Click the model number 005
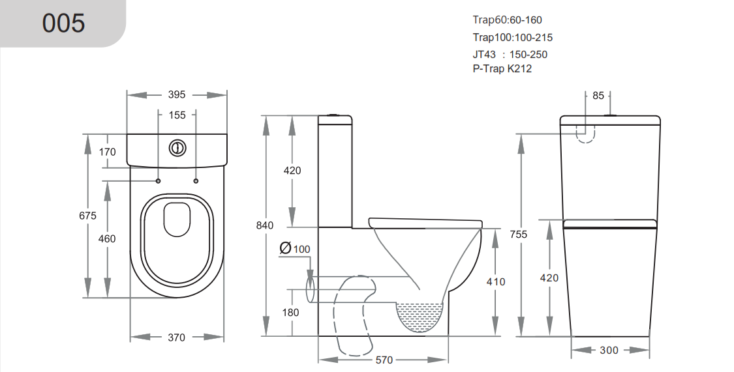pyautogui.click(x=63, y=23)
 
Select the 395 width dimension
pyautogui.click(x=177, y=94)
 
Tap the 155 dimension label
pyautogui.click(x=177, y=115)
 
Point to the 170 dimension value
pyautogui.click(x=108, y=152)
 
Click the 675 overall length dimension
pyautogui.click(x=87, y=216)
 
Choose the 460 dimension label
pyautogui.click(x=107, y=238)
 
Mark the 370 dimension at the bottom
pyautogui.click(x=177, y=337)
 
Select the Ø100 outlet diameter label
pyautogui.click(x=295, y=249)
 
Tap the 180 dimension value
pyautogui.click(x=291, y=312)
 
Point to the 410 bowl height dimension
pyautogui.click(x=496, y=281)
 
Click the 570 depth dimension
pyautogui.click(x=384, y=360)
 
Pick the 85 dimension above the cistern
pyautogui.click(x=598, y=96)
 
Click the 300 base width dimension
pyautogui.click(x=608, y=351)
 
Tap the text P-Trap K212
pyautogui.click(x=502, y=68)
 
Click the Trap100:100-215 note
pyautogui.click(x=513, y=38)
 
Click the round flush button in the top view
pyautogui.click(x=176, y=149)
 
